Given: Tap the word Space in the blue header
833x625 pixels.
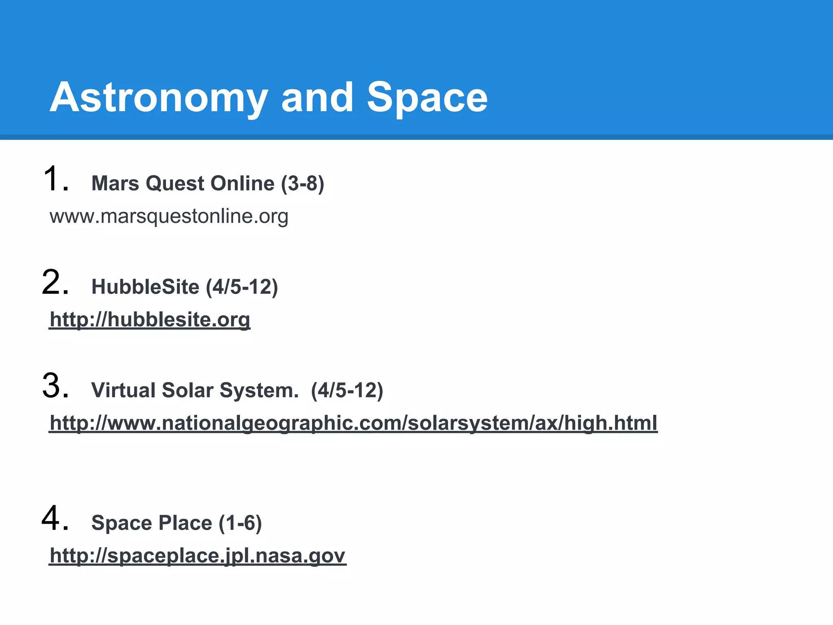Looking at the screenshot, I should pos(427,98).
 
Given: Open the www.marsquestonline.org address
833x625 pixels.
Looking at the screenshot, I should pos(169,216).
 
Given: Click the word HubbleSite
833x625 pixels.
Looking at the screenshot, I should pos(145,287).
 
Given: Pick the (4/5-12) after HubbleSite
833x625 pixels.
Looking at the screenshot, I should pos(242,287).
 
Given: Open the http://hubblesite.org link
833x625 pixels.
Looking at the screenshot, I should pos(150,320).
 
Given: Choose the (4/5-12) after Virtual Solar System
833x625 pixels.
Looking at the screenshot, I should pos(347,390).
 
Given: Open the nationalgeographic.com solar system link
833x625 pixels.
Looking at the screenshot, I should pos(353,423).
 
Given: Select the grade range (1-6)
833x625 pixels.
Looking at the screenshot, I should pos(240,523).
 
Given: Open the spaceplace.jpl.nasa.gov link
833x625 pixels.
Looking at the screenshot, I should pos(197,556).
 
